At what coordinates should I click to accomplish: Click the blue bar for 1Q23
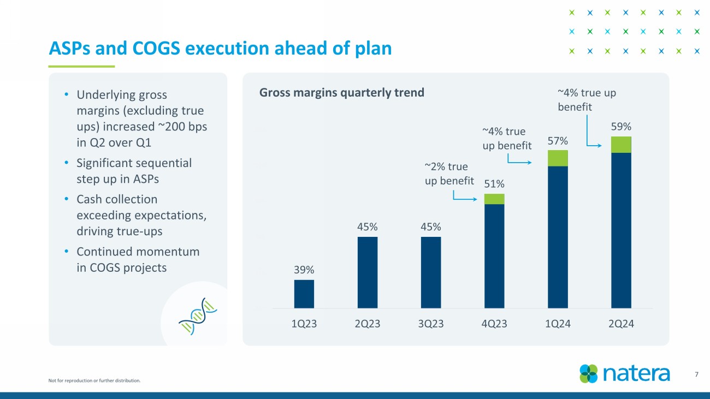coord(304,294)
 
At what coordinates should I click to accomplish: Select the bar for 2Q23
coord(367,272)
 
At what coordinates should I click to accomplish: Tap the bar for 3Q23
coord(430,272)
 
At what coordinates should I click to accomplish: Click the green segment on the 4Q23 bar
coord(494,199)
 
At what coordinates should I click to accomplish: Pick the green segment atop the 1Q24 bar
coord(558,158)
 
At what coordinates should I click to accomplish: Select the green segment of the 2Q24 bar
coord(621,145)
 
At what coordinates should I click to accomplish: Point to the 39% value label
coord(304,270)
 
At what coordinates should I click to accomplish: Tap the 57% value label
coord(558,141)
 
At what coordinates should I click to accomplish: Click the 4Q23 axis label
coord(494,324)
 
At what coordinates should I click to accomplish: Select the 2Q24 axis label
coord(621,324)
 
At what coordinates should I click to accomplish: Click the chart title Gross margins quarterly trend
coord(341,92)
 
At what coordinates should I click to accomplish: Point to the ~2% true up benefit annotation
coord(449,174)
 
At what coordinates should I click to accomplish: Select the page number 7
coord(696,374)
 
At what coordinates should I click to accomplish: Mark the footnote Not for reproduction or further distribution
coord(94,380)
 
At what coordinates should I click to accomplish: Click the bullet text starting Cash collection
coord(141,215)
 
